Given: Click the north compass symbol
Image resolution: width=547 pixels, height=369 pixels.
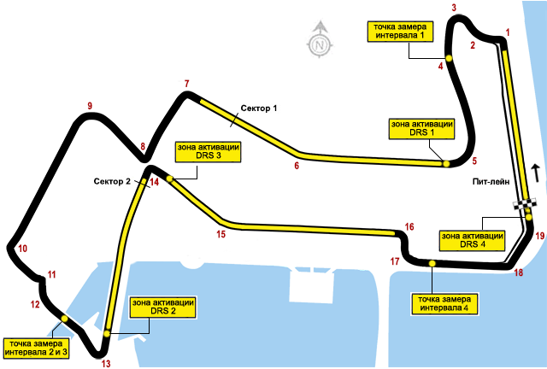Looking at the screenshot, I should [319, 40].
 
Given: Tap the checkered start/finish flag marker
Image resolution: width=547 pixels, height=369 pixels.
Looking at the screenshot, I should [525, 204].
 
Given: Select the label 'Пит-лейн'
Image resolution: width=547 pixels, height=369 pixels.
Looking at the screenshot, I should [490, 182].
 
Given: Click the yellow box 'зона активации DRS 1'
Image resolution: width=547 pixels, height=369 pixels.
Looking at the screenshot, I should [421, 129].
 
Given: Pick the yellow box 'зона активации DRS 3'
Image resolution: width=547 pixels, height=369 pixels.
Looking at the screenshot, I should [207, 152].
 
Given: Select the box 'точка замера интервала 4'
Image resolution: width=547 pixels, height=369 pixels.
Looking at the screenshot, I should [444, 302].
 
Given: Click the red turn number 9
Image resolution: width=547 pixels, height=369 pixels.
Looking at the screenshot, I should [89, 107].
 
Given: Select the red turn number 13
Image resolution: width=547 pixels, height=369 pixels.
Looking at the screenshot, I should [106, 364].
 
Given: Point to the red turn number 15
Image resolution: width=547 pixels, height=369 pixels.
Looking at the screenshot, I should [221, 233].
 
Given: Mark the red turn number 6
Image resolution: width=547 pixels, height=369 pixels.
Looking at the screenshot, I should [297, 166].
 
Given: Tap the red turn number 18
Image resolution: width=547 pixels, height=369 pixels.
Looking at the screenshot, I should [518, 272].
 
